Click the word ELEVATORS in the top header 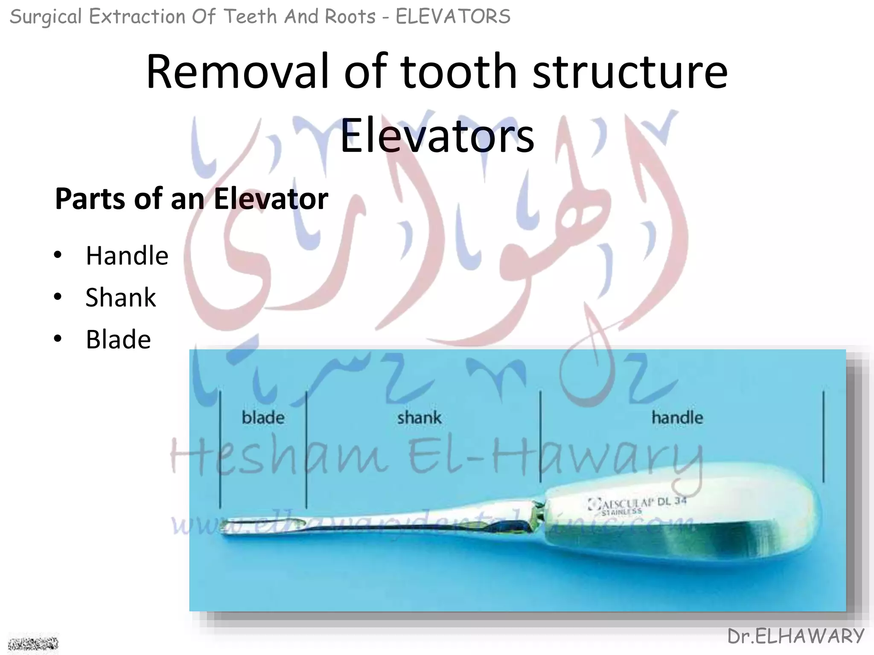pos(453,17)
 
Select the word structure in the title pos(630,71)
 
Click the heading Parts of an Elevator pos(192,199)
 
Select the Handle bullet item pos(127,256)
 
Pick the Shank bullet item pos(121,297)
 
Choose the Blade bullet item pos(118,339)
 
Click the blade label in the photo pos(263,417)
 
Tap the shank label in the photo pos(419,417)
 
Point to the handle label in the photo pos(677,417)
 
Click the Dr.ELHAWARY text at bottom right pos(795,637)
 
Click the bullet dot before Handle pos(58,256)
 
